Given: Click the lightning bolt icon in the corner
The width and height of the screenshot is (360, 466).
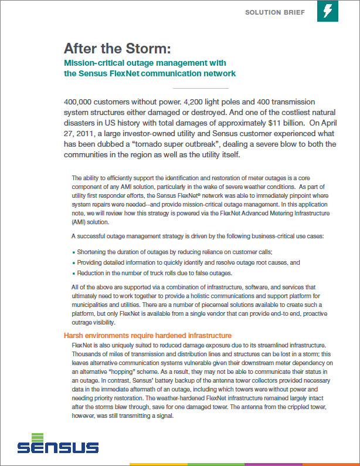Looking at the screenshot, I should [327, 11].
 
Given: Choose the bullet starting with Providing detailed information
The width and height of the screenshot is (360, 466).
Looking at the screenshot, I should [188, 262].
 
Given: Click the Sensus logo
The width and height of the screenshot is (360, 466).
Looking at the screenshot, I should [57, 443].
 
